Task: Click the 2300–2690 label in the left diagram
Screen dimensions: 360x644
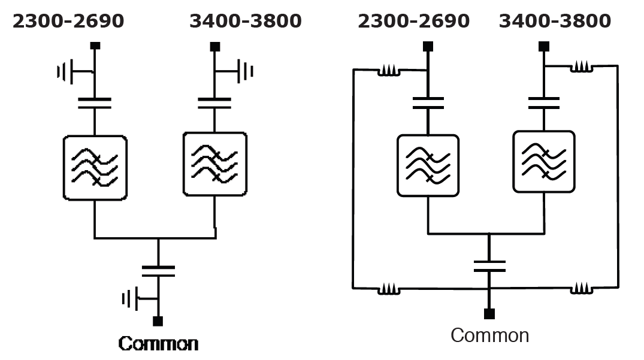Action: (68, 22)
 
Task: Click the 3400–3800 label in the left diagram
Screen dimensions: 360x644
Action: (246, 22)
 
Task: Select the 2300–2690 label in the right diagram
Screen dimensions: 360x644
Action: (413, 22)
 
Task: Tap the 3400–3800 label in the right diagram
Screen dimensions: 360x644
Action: (555, 22)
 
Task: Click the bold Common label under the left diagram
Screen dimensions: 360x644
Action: (158, 344)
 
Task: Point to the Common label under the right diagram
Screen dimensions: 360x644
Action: (489, 335)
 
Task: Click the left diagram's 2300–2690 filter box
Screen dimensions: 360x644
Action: (95, 168)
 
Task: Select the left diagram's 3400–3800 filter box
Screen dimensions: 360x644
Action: (214, 164)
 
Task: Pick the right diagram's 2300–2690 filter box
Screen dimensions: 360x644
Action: (428, 165)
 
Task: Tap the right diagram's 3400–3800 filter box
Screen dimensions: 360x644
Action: (544, 162)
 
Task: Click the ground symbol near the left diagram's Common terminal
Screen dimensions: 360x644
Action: (130, 298)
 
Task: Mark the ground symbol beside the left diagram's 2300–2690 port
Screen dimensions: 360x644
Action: (65, 72)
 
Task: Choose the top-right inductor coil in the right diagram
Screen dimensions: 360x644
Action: (581, 68)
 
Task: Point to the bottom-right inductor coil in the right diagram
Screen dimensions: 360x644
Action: (581, 289)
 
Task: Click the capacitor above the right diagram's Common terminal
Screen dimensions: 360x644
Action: (489, 266)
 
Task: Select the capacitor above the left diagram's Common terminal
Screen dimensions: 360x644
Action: (158, 271)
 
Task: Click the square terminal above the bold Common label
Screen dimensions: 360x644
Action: (158, 322)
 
